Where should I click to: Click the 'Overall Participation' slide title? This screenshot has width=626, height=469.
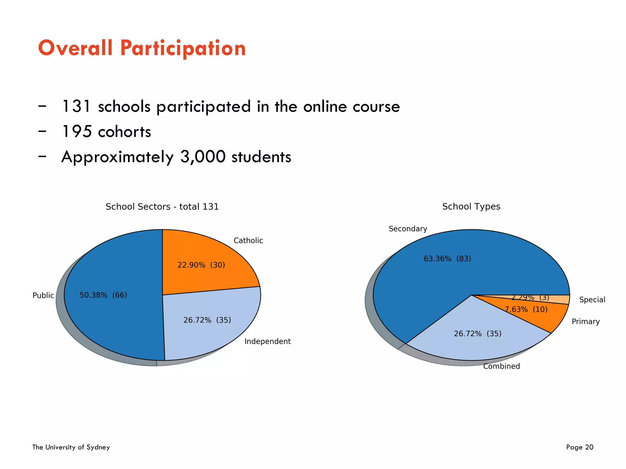click(x=142, y=48)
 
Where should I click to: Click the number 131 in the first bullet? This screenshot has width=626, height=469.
click(x=76, y=107)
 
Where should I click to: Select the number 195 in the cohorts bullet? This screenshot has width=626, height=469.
click(x=77, y=132)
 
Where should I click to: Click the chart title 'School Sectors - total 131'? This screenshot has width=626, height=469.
click(x=162, y=207)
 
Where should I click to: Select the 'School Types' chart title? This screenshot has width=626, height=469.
click(x=471, y=206)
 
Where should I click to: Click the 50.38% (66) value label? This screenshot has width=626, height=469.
click(x=103, y=295)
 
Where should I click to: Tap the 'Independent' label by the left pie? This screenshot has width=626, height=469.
click(x=267, y=341)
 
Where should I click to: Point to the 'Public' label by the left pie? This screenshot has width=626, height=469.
click(x=43, y=296)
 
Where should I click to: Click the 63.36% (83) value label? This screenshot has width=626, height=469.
click(x=447, y=259)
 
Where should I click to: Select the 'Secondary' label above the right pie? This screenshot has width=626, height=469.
click(x=408, y=229)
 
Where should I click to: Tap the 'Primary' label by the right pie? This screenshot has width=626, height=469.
click(x=585, y=322)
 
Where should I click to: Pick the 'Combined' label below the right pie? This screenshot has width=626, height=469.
click(x=501, y=366)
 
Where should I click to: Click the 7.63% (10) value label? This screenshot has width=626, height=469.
click(x=526, y=310)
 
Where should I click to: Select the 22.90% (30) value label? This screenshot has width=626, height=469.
click(x=201, y=265)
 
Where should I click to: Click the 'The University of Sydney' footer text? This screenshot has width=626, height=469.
click(x=71, y=447)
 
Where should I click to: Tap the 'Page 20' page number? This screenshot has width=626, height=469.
click(x=580, y=447)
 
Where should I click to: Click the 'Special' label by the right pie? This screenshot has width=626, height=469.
click(x=592, y=300)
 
